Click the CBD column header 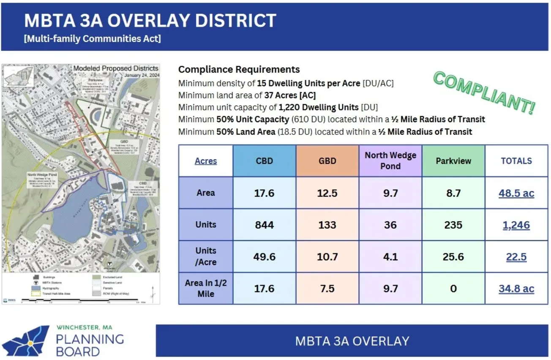coord(265,161)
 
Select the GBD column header coord(327,161)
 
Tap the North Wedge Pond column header coord(390,161)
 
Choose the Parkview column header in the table coord(453,161)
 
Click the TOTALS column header coord(516,161)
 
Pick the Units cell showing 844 coord(265,225)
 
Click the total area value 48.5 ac coord(516,193)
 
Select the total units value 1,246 coord(516,225)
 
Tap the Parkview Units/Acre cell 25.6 coord(453,256)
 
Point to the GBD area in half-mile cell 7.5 coord(327,289)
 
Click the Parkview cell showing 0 coord(453,289)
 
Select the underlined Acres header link coord(206,161)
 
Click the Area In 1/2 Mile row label coord(206,288)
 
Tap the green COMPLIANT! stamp coord(484,92)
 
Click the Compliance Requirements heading coord(239,69)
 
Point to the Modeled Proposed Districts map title coord(116,68)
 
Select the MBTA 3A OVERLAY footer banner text coord(352,341)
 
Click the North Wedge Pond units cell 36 coord(390,225)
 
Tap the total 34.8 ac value coord(516,289)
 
